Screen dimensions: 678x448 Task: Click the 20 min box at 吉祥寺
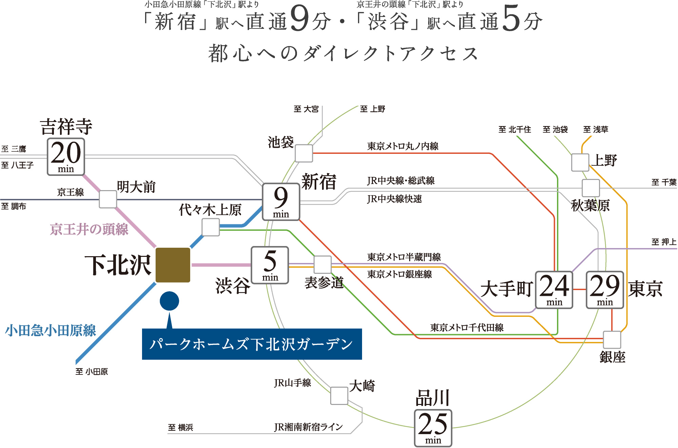tap(66, 157)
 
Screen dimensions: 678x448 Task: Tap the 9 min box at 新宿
tap(281, 202)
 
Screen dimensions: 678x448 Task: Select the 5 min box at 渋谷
tap(270, 265)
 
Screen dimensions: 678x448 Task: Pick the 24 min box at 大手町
tap(554, 290)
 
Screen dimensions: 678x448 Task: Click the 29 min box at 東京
tap(605, 290)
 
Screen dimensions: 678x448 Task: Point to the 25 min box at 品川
tap(433, 428)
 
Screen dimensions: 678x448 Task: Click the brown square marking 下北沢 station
tap(173, 265)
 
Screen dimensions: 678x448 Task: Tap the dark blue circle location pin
tap(169, 301)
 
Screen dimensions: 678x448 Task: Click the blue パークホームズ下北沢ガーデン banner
tap(252, 344)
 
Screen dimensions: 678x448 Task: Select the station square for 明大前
tap(108, 199)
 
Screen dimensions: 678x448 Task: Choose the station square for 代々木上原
tap(211, 227)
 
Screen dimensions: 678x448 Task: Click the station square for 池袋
tap(304, 154)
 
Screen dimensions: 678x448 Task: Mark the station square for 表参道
tap(322, 265)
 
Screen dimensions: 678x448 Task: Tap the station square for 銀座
tap(612, 340)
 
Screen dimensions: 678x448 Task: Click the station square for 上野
tap(580, 162)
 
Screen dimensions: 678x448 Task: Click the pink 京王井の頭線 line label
tap(89, 229)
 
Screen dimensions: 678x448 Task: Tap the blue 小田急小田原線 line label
tap(51, 330)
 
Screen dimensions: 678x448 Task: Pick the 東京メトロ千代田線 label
tap(467, 327)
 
